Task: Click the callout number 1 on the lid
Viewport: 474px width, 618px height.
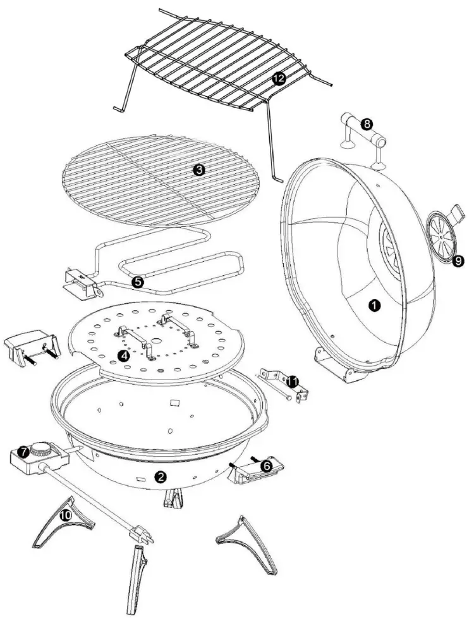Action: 374,306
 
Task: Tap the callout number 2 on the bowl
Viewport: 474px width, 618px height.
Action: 161,476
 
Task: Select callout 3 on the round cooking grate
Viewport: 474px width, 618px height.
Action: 198,170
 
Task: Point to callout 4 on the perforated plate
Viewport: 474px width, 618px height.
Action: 124,356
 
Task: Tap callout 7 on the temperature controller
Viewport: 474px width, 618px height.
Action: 23,452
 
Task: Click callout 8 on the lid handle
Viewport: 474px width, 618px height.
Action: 366,124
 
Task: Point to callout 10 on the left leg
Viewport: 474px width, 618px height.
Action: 64,516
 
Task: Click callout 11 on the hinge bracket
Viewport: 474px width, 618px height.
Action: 291,381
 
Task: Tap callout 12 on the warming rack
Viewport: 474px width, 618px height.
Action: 278,78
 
